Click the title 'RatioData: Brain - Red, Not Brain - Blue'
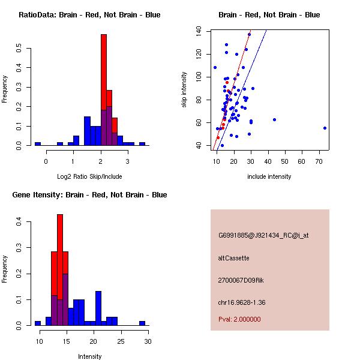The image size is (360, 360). (x=89, y=15)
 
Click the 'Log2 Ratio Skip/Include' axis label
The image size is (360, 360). (x=89, y=177)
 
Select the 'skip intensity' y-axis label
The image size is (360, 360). (x=185, y=90)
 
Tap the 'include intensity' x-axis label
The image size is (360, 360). (x=269, y=176)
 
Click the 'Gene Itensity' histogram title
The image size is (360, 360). (x=89, y=195)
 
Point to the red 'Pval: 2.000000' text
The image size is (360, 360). (x=239, y=319)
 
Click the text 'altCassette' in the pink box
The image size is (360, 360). (x=233, y=258)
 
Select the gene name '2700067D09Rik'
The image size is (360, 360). (x=239, y=280)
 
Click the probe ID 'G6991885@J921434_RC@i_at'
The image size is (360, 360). (x=263, y=236)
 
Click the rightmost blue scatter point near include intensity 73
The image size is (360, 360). (x=325, y=128)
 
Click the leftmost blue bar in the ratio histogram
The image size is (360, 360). (x=38, y=144)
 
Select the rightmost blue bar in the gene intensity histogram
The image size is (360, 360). (x=142, y=323)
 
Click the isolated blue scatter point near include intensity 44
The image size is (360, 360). (x=274, y=119)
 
